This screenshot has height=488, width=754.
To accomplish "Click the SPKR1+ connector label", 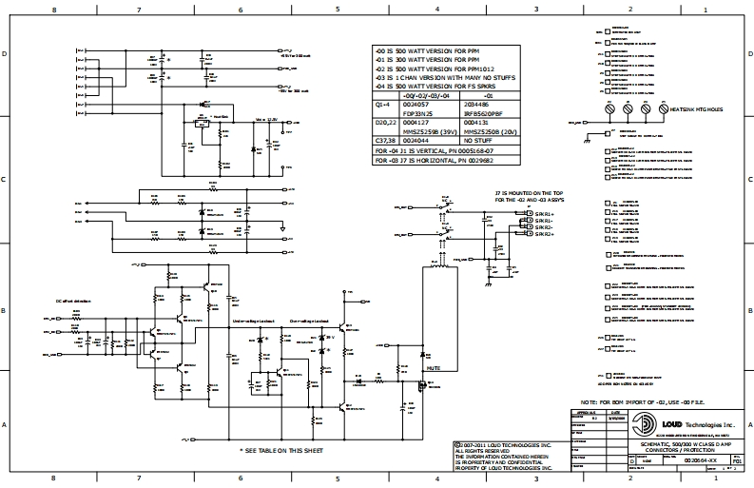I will click(x=544, y=215).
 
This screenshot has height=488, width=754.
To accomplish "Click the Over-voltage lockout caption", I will click(x=309, y=322).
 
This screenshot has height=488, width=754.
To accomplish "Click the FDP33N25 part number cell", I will click(x=419, y=112).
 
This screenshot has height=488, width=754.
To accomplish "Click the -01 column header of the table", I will click(x=489, y=96).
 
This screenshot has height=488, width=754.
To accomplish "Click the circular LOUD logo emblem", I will click(x=646, y=424).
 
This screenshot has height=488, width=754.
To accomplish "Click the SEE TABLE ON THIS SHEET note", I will click(x=282, y=449).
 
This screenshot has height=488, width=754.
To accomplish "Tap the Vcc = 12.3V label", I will click(x=266, y=121).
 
